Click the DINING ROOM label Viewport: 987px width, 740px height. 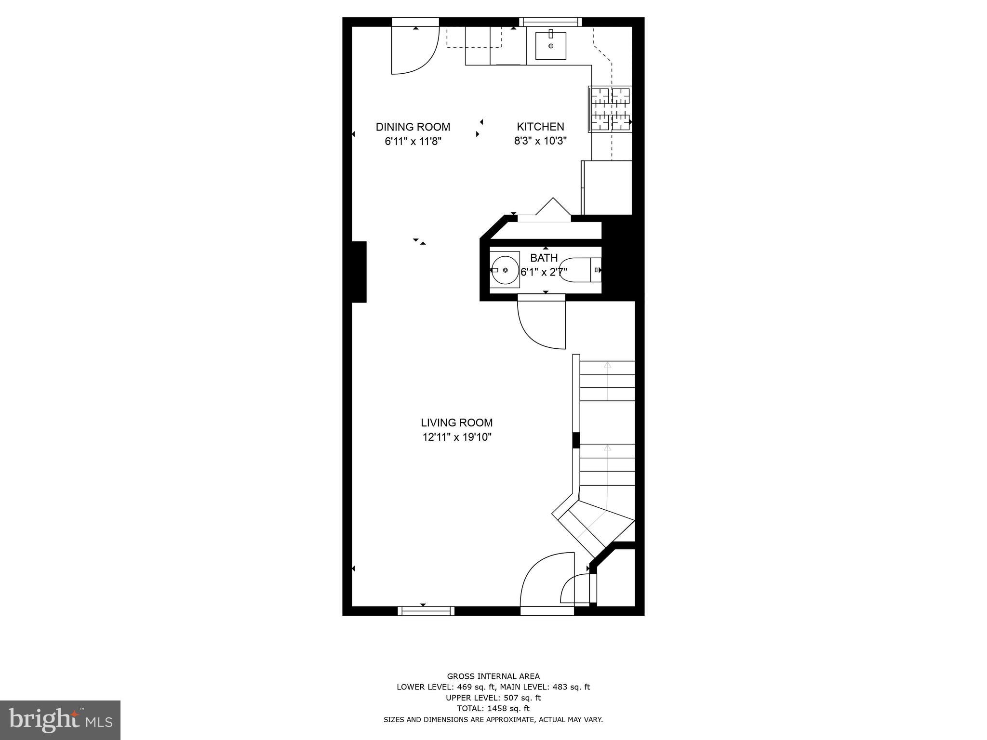point(413,127)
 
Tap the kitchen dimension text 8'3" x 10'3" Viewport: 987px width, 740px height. point(540,141)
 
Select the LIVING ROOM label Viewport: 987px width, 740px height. point(456,423)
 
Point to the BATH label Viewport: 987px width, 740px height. point(544,258)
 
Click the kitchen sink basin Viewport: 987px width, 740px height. point(550,45)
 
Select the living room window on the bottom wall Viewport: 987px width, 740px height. point(426,611)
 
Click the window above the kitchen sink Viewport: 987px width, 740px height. point(550,22)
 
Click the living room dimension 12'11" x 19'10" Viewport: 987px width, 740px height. point(456,437)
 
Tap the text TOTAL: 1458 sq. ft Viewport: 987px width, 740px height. point(493,708)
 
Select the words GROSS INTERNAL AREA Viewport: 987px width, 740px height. point(493,676)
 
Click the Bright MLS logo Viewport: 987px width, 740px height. point(60,720)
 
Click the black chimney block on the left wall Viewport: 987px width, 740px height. point(359,272)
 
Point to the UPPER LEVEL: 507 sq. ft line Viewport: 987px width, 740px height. point(493,698)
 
